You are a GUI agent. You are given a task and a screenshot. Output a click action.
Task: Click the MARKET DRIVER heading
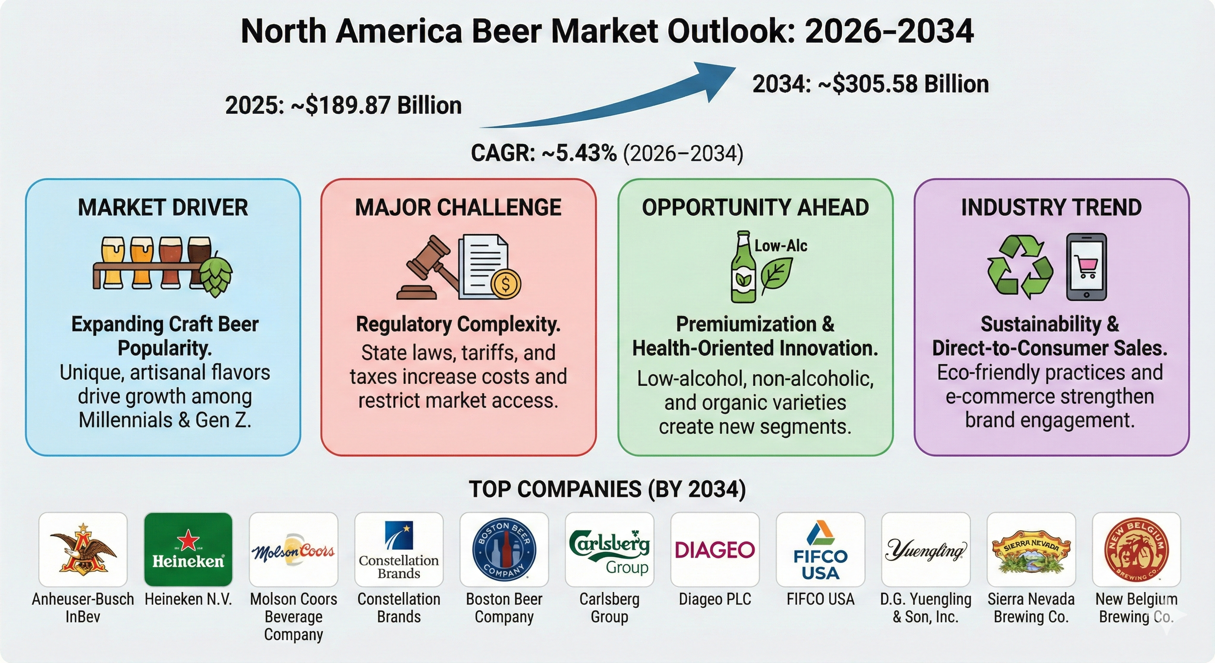pyautogui.click(x=163, y=208)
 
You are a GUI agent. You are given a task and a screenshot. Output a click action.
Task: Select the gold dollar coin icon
pyautogui.click(x=505, y=284)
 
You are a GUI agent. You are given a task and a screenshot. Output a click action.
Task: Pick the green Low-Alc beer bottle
pyautogui.click(x=743, y=267)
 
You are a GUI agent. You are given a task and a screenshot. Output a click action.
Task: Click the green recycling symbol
pyautogui.click(x=1020, y=267)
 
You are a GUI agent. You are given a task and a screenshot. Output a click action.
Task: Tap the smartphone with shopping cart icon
pyautogui.click(x=1086, y=267)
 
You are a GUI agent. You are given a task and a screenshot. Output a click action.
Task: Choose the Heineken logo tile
pyautogui.click(x=188, y=550)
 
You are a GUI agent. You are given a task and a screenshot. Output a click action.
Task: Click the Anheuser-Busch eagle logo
pyautogui.click(x=83, y=550)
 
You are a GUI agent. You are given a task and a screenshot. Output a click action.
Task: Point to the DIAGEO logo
pyautogui.click(x=715, y=550)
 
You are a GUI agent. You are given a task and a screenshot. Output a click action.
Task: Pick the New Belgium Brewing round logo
pyautogui.click(x=1136, y=550)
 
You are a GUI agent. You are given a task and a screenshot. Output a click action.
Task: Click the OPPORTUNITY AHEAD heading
pyautogui.click(x=755, y=208)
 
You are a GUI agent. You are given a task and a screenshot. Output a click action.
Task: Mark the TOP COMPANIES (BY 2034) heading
pyautogui.click(x=607, y=489)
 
